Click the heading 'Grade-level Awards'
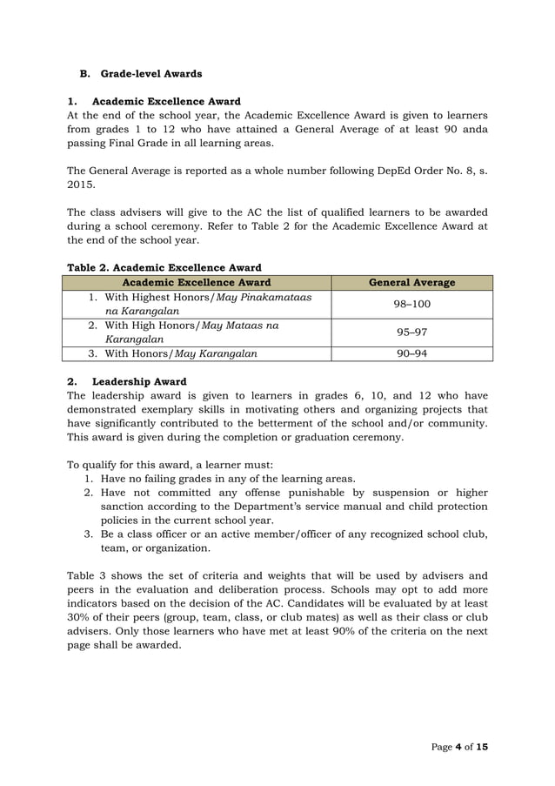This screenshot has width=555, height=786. (x=150, y=73)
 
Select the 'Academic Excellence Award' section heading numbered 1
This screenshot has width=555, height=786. (x=166, y=101)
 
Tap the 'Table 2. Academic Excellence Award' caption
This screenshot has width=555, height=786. (x=164, y=267)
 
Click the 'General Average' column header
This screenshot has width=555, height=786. (x=411, y=282)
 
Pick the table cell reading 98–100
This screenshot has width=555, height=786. (x=412, y=304)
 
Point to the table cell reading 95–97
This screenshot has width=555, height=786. (x=412, y=332)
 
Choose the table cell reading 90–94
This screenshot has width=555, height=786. (x=412, y=353)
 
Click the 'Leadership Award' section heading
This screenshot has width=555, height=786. (x=138, y=381)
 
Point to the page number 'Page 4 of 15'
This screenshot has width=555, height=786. (x=459, y=748)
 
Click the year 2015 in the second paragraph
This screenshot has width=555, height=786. (x=81, y=185)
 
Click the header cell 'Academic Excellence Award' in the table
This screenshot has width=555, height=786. (x=197, y=282)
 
